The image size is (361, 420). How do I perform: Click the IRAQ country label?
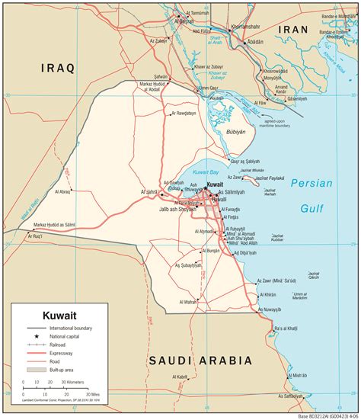[x=57, y=68]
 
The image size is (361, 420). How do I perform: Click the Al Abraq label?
[x=61, y=191]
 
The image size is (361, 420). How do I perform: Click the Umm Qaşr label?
[x=209, y=88]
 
